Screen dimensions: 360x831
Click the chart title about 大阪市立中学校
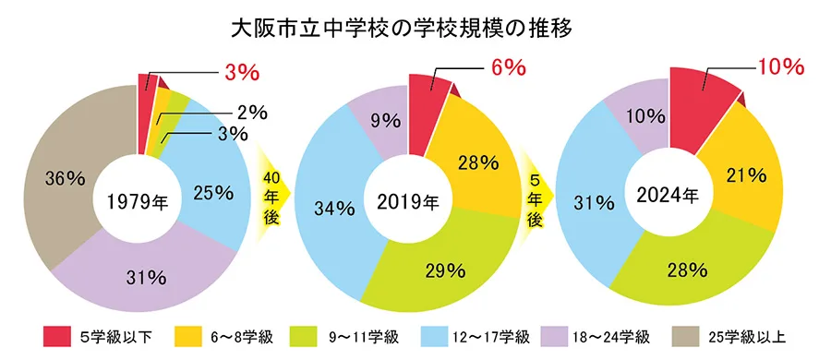[x=415, y=28]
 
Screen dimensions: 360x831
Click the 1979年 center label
[x=137, y=200]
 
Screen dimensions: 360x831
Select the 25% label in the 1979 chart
[x=214, y=193]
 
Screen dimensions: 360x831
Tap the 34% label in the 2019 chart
[x=335, y=209]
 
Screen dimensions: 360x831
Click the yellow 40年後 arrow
[x=272, y=193]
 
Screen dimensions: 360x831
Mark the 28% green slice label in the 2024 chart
[x=687, y=270]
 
